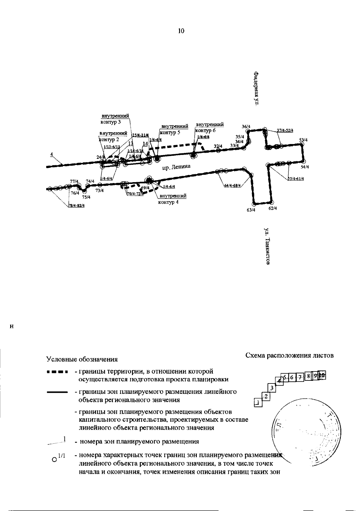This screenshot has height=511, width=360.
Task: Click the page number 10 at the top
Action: tap(181, 31)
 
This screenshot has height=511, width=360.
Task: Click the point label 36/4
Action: tap(246, 127)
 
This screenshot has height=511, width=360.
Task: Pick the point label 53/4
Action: tap(303, 140)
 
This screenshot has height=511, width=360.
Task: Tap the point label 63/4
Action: tap(251, 210)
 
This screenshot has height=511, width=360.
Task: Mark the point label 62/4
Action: tap(273, 208)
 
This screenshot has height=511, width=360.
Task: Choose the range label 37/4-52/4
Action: tap(285, 130)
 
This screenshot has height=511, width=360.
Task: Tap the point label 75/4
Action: tap(86, 197)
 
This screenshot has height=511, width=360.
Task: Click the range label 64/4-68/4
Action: tap(232, 185)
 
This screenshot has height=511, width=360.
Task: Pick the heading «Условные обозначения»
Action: tap(82, 359)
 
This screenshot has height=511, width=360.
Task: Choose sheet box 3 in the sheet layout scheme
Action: tap(271, 388)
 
